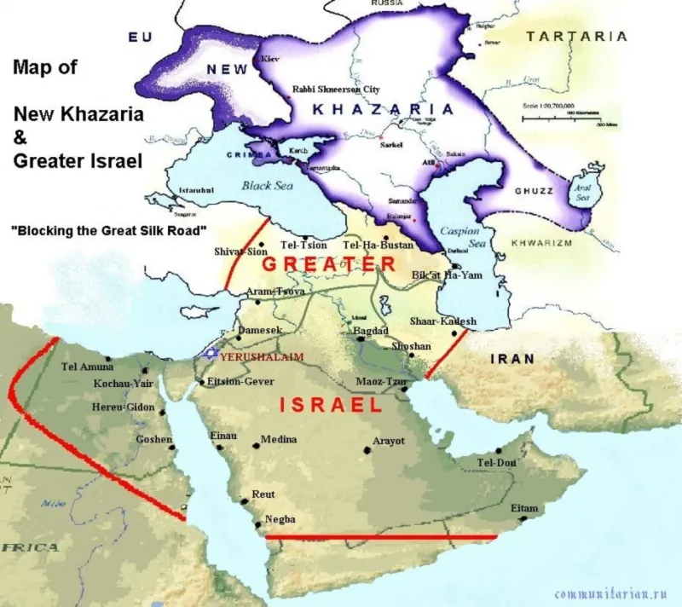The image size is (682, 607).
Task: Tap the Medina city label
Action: coord(279,439)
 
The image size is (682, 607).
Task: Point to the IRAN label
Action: coord(511,359)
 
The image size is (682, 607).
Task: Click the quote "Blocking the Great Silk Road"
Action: coord(108,230)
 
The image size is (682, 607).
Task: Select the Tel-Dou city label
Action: coord(497,462)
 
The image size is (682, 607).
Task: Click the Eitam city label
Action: coord(524,507)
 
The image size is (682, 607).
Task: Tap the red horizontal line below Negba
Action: coord(381,537)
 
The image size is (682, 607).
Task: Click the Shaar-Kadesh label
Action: coord(442,321)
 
